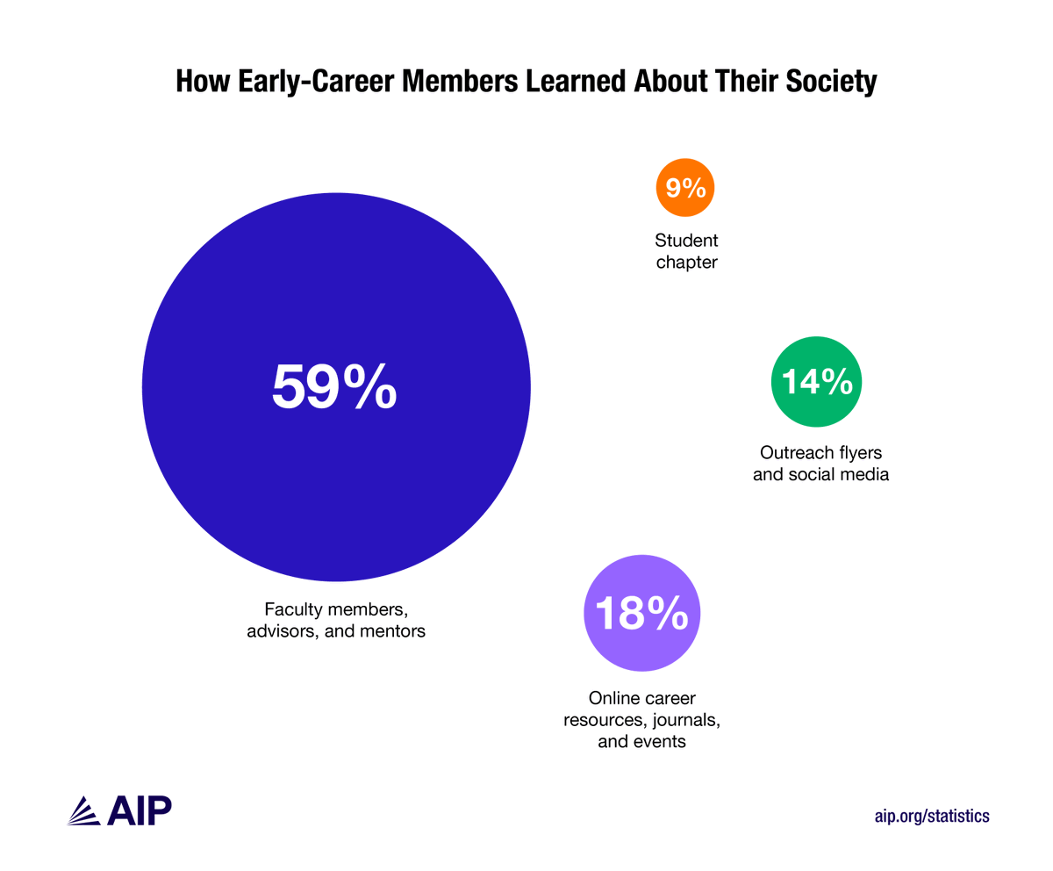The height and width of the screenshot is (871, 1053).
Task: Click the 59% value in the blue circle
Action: [334, 387]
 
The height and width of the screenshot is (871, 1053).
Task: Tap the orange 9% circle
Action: [685, 187]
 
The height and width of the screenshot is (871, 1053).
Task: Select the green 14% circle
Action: [816, 381]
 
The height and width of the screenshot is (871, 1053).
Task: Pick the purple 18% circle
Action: [642, 613]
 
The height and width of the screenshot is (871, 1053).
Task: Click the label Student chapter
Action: [685, 251]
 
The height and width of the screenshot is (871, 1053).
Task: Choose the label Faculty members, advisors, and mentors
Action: [336, 620]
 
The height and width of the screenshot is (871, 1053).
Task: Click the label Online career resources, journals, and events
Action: [642, 720]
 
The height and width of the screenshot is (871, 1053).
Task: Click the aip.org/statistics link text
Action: [932, 816]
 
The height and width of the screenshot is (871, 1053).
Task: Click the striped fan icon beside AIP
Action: [85, 811]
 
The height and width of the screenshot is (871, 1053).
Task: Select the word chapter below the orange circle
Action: [685, 263]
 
